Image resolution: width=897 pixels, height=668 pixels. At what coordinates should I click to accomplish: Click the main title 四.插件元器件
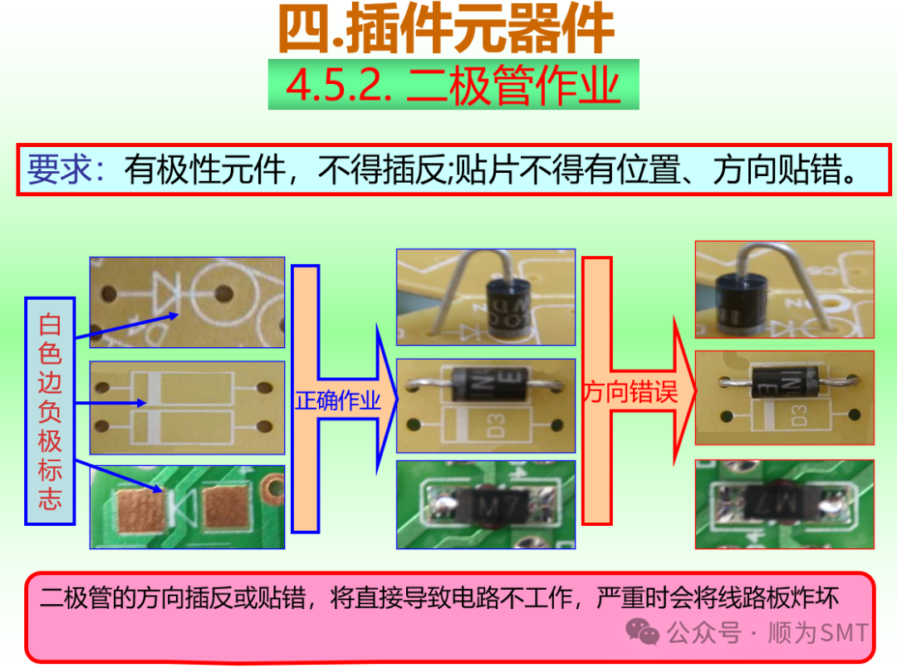tap(446, 31)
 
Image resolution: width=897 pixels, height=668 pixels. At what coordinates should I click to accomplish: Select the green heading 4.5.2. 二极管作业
tap(453, 85)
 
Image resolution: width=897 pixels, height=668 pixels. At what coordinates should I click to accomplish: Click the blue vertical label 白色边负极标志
tap(50, 410)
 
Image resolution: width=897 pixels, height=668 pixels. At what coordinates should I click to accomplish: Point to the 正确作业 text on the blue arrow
tap(337, 401)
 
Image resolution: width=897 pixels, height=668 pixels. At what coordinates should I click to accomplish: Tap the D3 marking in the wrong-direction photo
tap(800, 415)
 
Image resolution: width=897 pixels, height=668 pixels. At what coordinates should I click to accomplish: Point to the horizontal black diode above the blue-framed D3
tap(486, 384)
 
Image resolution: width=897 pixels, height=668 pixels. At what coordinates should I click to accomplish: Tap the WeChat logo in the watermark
tap(643, 633)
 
